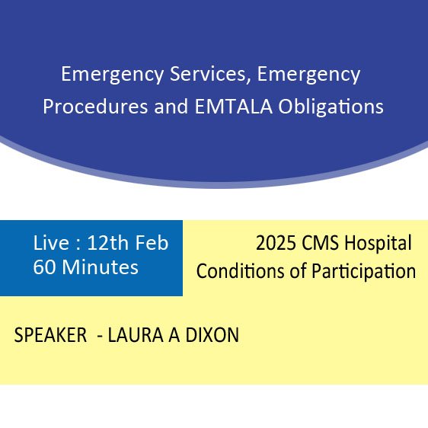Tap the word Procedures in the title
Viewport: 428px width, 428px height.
pyautogui.click(x=95, y=107)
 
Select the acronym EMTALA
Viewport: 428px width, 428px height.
pyautogui.click(x=234, y=106)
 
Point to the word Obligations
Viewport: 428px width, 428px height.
pyautogui.click(x=331, y=107)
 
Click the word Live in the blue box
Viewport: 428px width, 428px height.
pyautogui.click(x=51, y=243)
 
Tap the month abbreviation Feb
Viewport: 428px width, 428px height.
pyautogui.click(x=152, y=243)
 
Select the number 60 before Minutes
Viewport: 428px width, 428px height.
pyautogui.click(x=44, y=267)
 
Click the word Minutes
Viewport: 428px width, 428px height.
pyautogui.click(x=101, y=267)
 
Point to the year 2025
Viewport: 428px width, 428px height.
pyautogui.click(x=276, y=243)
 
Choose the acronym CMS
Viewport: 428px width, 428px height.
pyautogui.click(x=320, y=243)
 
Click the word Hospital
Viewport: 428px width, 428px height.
pyautogui.click(x=378, y=244)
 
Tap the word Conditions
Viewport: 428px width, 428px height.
pyautogui.click(x=240, y=271)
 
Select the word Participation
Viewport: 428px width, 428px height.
pyautogui.click(x=364, y=272)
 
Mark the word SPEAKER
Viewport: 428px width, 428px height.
pyautogui.click(x=50, y=335)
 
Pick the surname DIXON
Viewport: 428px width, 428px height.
pyautogui.click(x=212, y=335)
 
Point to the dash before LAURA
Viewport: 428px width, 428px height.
pyautogui.click(x=100, y=337)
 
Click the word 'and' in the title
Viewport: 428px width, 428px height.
pyautogui.click(x=171, y=106)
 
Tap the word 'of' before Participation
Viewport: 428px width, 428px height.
pyautogui.click(x=298, y=271)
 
